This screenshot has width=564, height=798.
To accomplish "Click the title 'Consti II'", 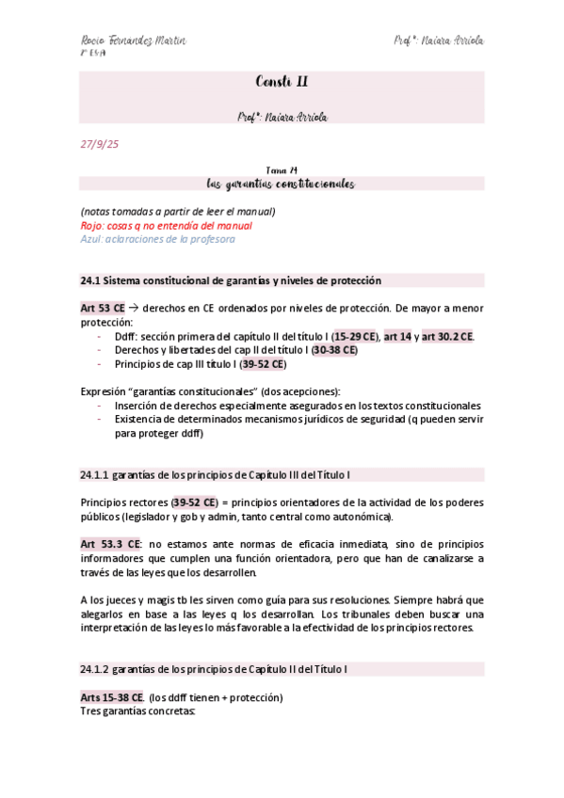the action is (x=282, y=82).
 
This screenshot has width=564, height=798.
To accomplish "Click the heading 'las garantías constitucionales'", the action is (x=282, y=184).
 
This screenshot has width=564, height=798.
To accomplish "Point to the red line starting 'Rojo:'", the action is (x=166, y=226).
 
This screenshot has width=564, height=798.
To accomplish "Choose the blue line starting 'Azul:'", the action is (x=157, y=239).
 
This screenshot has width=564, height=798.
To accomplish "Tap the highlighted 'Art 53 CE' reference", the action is (x=103, y=309).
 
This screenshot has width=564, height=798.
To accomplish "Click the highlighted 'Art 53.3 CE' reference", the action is (x=111, y=544).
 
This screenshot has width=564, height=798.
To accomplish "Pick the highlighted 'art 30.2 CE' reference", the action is (x=447, y=336).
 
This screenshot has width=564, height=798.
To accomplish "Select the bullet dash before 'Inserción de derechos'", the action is (x=101, y=406).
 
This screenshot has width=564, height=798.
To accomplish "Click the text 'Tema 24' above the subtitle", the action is (x=282, y=169).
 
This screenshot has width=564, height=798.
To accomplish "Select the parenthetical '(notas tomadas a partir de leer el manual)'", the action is (x=177, y=212).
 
